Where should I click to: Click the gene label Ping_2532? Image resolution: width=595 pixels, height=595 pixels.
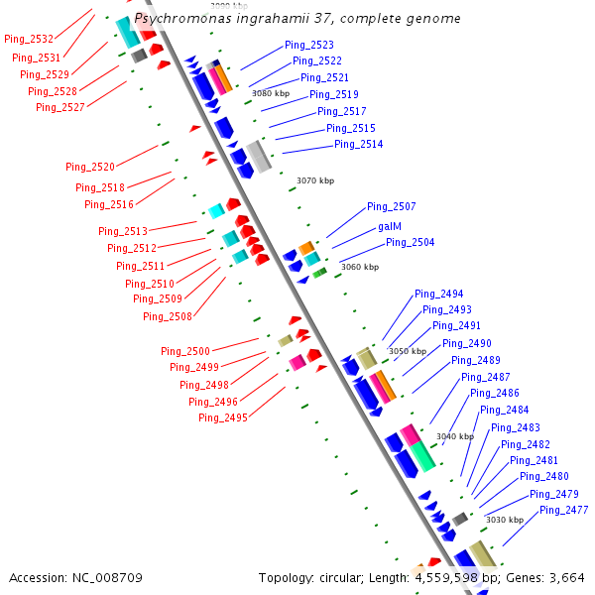(x=29, y=39)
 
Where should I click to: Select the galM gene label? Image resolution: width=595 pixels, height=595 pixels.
(x=390, y=225)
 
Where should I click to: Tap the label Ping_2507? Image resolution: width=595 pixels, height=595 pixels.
(x=392, y=206)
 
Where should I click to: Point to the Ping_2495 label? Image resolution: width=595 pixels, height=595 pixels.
(x=223, y=417)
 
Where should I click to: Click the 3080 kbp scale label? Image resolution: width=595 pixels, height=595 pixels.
(x=270, y=93)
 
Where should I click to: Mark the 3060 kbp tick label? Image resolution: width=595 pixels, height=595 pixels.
(x=360, y=267)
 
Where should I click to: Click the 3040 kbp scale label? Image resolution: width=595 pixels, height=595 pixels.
(x=455, y=436)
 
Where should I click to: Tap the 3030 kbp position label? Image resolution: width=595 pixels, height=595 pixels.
(x=504, y=520)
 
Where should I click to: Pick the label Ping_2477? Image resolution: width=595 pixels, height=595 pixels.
(x=564, y=510)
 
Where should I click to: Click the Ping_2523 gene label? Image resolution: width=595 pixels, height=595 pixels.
(x=309, y=45)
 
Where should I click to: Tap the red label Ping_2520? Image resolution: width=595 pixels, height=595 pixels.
(x=90, y=167)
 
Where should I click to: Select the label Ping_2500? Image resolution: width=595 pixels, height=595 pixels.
(x=185, y=351)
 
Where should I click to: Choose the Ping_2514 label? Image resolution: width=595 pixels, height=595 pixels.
(x=359, y=144)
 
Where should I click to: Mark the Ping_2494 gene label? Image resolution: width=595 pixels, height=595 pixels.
(x=439, y=293)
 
